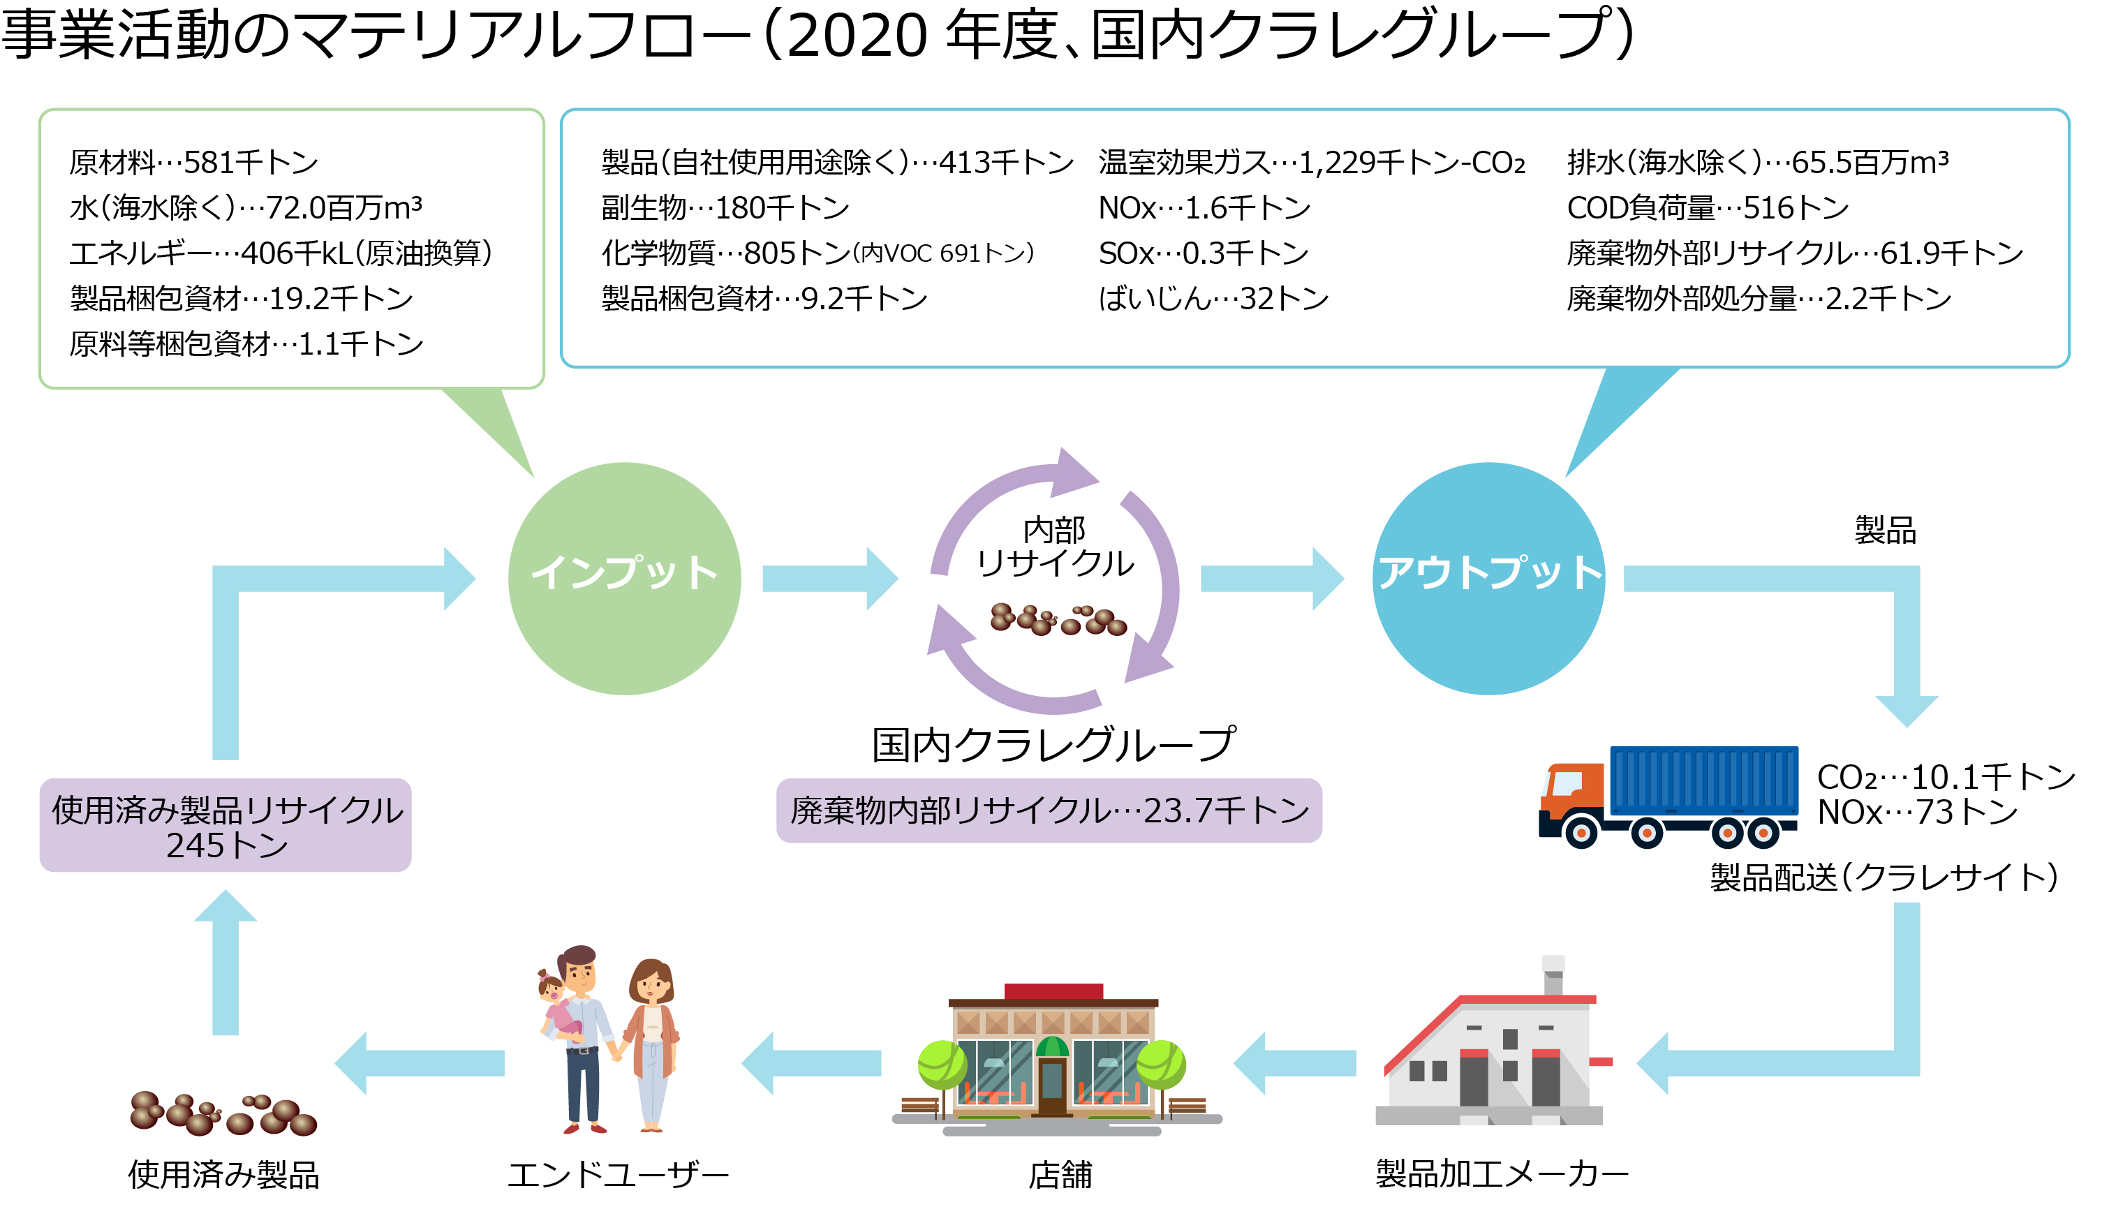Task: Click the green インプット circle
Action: click(x=624, y=579)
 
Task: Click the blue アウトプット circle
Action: click(x=1489, y=579)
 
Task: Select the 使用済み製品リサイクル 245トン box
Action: click(x=226, y=826)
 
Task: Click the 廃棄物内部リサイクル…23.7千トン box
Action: click(x=1049, y=810)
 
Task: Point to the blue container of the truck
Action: click(x=1704, y=780)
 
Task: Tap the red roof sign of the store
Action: click(x=1053, y=991)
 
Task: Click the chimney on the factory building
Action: click(x=1553, y=975)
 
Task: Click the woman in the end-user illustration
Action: click(x=653, y=1045)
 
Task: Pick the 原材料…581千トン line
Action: click(x=194, y=163)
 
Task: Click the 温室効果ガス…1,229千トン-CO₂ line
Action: click(x=1312, y=163)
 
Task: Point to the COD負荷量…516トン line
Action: click(x=1708, y=207)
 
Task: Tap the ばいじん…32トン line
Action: click(x=1213, y=298)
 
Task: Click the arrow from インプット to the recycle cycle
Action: click(x=830, y=579)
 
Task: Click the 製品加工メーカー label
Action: click(x=1502, y=1174)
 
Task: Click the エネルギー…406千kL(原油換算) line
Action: click(x=281, y=253)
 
